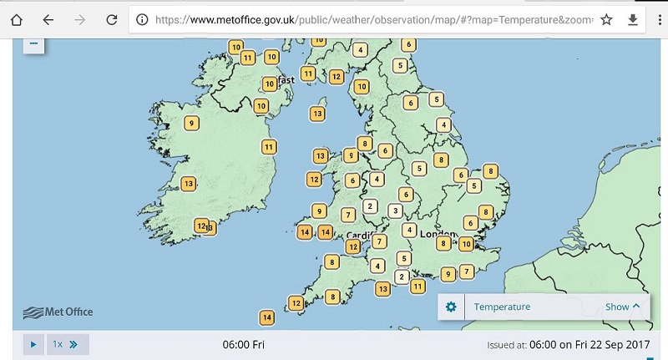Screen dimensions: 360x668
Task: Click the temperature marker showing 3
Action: pyautogui.click(x=395, y=210)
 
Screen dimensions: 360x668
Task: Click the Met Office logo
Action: pyautogui.click(x=58, y=312)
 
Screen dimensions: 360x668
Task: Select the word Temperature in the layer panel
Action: pyautogui.click(x=502, y=307)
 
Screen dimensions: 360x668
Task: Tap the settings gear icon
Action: pyautogui.click(x=451, y=307)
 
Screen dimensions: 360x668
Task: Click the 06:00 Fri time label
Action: pyautogui.click(x=243, y=344)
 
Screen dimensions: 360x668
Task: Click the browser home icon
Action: pyautogui.click(x=16, y=19)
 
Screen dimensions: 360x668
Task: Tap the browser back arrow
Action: pyautogui.click(x=48, y=19)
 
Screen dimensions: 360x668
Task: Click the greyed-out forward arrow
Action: pyautogui.click(x=79, y=19)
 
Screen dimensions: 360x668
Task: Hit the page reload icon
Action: pyautogui.click(x=111, y=19)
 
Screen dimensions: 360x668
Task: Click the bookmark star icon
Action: pyautogui.click(x=607, y=19)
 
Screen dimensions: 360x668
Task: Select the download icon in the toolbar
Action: pyautogui.click(x=632, y=19)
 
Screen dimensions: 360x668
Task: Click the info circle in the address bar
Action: pyautogui.click(x=142, y=19)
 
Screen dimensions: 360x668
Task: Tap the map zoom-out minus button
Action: pyautogui.click(x=33, y=43)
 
